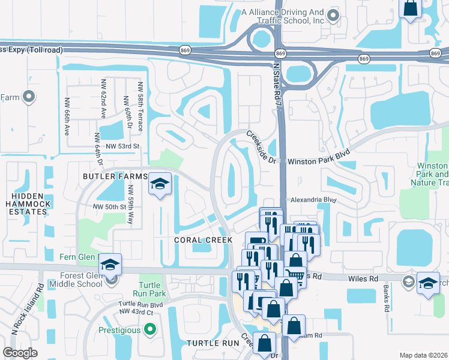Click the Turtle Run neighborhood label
point(212,343)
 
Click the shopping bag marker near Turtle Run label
point(264,344)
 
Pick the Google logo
point(20,353)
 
